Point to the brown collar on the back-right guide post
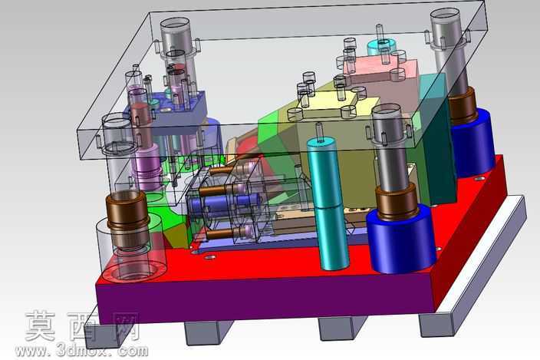[463, 104]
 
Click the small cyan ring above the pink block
[382, 47]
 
